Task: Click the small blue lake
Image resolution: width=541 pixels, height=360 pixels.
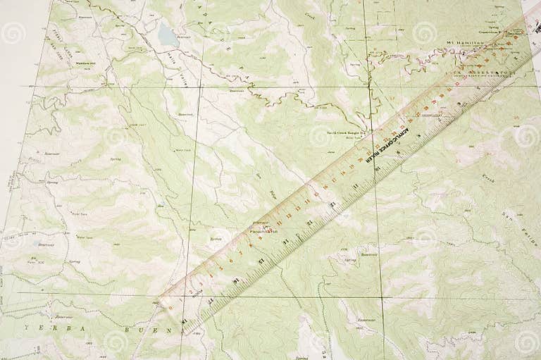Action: (168, 33)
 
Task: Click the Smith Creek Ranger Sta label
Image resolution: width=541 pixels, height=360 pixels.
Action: (348, 132)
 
